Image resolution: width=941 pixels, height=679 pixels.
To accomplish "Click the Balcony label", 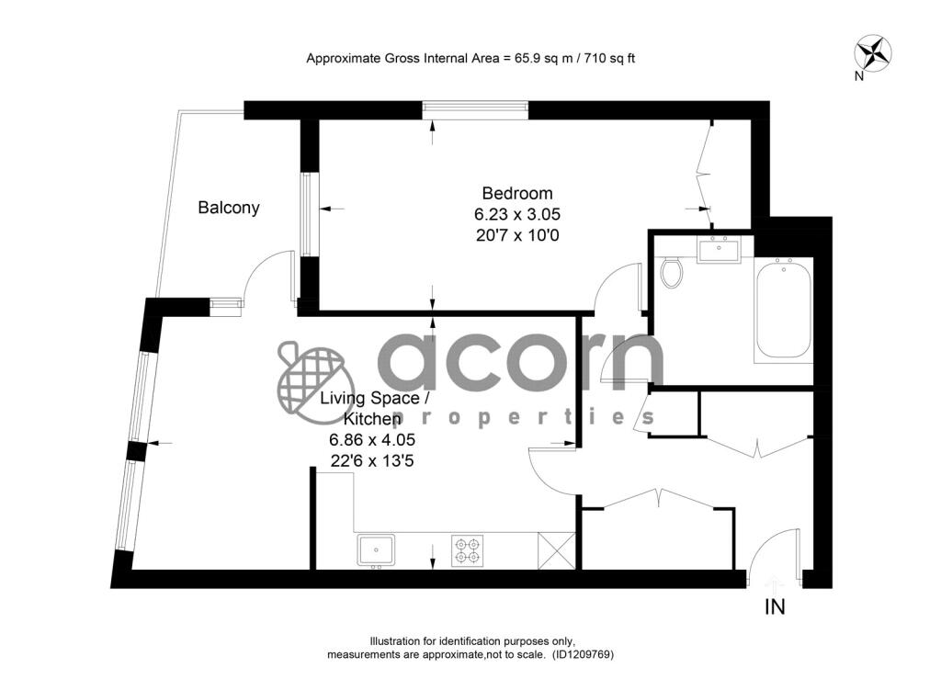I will [x=229, y=208].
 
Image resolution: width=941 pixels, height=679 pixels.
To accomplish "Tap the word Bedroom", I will [x=517, y=193].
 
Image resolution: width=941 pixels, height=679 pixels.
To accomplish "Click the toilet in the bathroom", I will [x=671, y=271].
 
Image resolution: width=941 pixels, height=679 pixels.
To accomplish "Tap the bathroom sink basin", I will [x=718, y=249].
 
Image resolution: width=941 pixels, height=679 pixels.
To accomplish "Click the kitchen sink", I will [x=376, y=550].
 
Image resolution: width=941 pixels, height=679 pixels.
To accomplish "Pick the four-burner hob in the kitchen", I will [x=467, y=550].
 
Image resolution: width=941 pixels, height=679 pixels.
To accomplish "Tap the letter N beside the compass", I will [x=858, y=77].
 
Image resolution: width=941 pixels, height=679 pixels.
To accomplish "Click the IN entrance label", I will [x=775, y=607].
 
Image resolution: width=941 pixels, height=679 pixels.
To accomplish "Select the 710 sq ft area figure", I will [x=606, y=58].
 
